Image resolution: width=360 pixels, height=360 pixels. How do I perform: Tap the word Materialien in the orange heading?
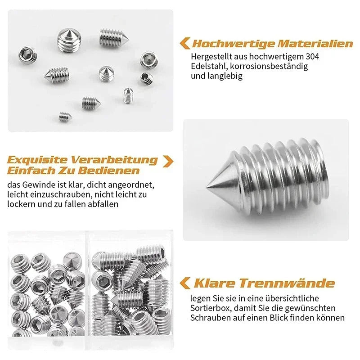coord(315,44)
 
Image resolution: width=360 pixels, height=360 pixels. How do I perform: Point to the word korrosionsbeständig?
coord(270,67)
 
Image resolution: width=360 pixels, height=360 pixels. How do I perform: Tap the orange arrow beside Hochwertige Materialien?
coord(184,43)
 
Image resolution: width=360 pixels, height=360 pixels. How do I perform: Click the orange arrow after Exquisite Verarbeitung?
coord(167,161)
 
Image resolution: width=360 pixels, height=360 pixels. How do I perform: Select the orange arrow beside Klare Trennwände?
coord(184,283)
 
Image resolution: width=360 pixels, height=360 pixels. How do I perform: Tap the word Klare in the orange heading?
coord(215,283)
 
